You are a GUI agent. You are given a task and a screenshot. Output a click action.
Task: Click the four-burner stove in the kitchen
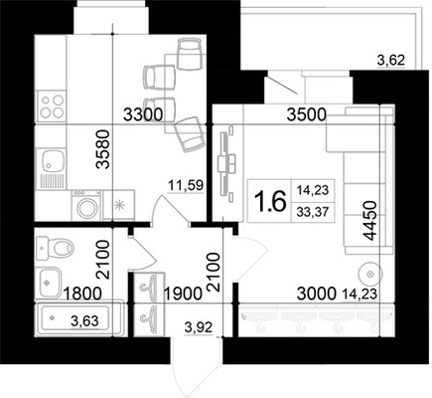52,106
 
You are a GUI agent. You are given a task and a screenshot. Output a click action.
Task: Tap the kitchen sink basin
52,161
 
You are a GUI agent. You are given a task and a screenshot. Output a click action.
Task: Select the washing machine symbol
86,204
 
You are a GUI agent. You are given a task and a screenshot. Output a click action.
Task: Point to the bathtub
78,318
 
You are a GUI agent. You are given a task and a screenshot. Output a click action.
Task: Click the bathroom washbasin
49,283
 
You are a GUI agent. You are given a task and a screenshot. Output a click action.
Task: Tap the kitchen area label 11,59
186,185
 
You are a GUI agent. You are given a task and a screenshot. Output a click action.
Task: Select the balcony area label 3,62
391,61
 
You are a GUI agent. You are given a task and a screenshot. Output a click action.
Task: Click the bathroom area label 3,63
84,321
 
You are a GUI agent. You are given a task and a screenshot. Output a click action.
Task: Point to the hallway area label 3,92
198,327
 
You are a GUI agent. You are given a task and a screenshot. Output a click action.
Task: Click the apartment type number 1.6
270,201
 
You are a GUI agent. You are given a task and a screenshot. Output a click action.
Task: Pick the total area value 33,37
313,211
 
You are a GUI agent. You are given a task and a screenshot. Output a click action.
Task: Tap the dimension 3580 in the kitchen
103,149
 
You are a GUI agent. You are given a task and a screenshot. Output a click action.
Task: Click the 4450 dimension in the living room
369,221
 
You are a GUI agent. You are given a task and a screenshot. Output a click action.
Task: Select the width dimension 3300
143,114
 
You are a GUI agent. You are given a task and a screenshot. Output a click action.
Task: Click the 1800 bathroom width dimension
82,294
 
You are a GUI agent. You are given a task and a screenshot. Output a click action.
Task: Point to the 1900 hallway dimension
183,294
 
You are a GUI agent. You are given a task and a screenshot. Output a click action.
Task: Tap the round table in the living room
370,274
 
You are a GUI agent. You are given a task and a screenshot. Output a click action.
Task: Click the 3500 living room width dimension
307,114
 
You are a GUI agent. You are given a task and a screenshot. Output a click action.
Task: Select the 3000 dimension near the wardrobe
317,294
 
